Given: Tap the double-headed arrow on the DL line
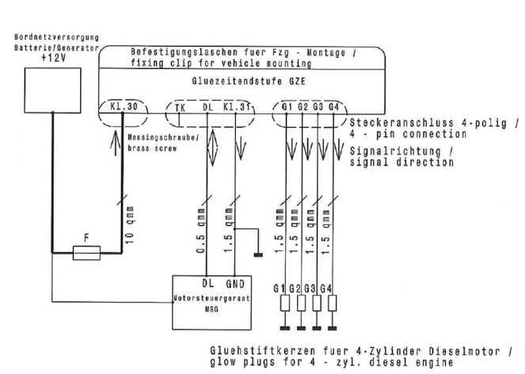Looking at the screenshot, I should (207, 144).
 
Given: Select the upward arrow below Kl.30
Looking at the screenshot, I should (118, 142).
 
